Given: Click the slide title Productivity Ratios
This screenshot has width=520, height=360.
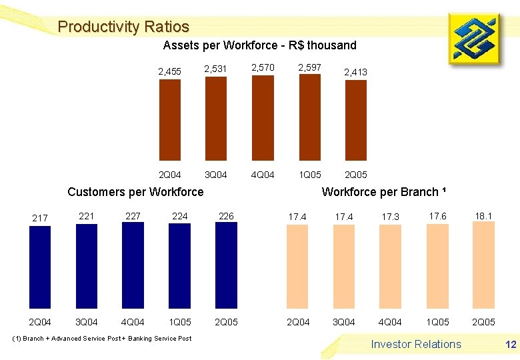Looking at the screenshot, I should (123, 27).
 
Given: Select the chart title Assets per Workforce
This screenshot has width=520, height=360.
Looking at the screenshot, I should (259, 45).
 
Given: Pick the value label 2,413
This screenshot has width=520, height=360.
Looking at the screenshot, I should (355, 72).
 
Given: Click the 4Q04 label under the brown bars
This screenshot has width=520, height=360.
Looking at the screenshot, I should (263, 175).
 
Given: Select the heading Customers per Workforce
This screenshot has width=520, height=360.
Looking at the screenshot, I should (135, 192).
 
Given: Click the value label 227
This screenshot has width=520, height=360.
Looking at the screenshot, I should (133, 216).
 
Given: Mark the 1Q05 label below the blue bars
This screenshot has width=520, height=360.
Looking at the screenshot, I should (180, 322).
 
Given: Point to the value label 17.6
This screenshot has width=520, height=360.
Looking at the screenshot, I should (437, 216).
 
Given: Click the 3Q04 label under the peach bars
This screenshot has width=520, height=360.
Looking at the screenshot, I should (343, 322).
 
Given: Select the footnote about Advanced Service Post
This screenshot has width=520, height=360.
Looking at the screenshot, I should (102, 339).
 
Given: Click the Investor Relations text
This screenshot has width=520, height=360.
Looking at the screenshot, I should (416, 344).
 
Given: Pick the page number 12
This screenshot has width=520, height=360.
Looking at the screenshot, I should (511, 345).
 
